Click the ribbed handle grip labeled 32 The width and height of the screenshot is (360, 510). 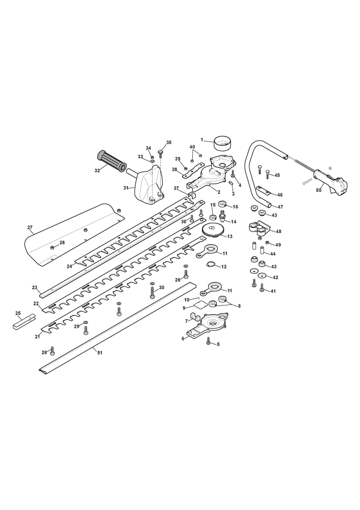(x=111, y=161)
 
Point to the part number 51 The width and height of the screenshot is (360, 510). (x=100, y=352)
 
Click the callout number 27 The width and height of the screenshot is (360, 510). (x=30, y=227)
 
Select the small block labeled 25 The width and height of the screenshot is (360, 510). (x=24, y=322)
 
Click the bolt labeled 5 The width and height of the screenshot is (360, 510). (x=209, y=341)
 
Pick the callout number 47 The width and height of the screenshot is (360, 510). (x=280, y=207)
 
